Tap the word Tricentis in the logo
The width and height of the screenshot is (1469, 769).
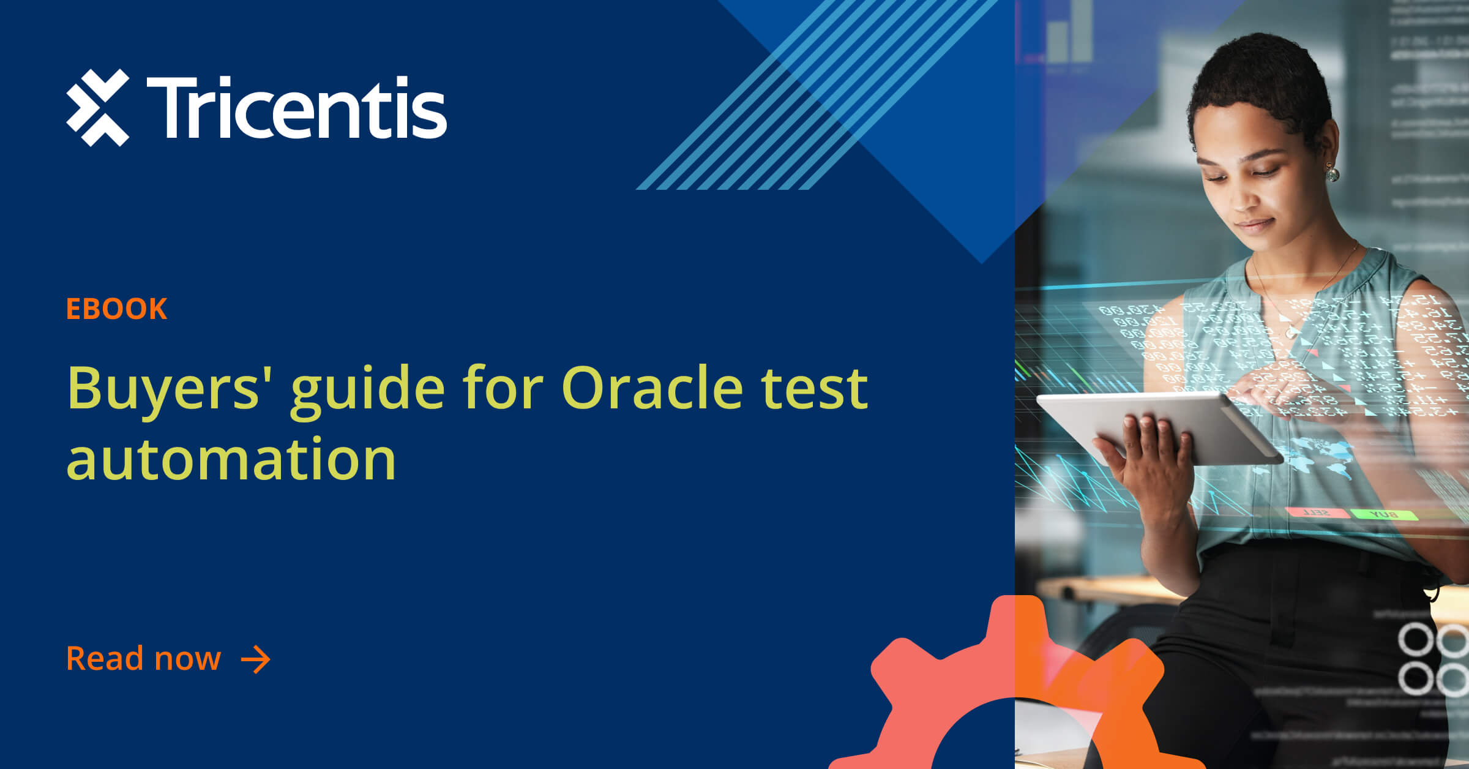[x=297, y=108]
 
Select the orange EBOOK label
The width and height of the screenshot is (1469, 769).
[x=116, y=309]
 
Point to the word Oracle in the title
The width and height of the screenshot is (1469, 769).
[x=651, y=388]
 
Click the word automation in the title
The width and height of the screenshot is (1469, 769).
[x=231, y=459]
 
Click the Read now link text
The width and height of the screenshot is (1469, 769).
[x=143, y=659]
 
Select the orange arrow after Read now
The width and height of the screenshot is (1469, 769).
[x=256, y=659]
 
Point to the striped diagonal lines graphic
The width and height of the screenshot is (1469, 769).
[x=814, y=98]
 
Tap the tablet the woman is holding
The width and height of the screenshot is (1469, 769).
[x=1157, y=422]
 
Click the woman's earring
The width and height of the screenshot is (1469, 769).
[x=1332, y=174]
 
